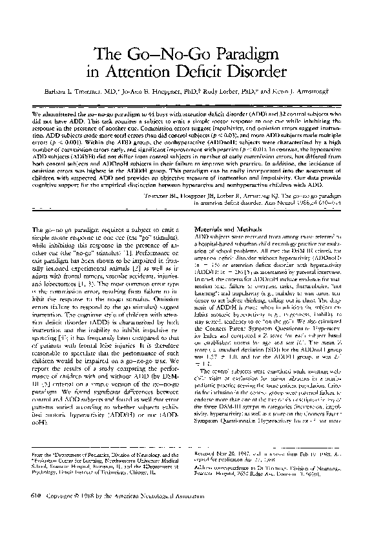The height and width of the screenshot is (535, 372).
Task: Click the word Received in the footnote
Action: pos(206,456)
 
